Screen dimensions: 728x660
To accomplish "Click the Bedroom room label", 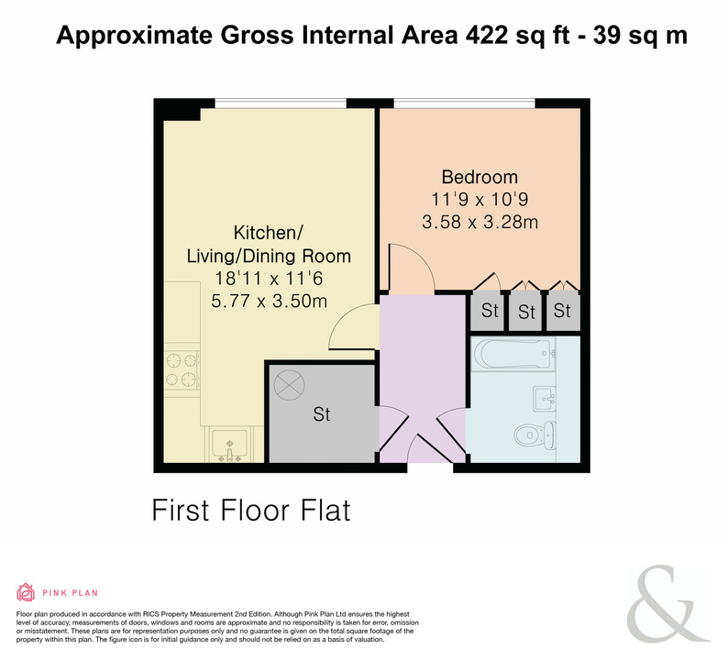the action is pos(480,177).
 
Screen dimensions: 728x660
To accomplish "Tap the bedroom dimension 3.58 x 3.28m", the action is pos(480,222).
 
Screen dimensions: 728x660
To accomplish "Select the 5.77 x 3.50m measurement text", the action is pos(270,302).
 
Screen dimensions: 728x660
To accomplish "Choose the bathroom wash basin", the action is pos(544,398).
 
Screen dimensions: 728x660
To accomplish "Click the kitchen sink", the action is pos(229,445).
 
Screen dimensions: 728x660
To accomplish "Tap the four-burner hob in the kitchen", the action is pos(182,370).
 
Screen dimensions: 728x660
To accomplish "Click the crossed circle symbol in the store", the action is pos(289,385).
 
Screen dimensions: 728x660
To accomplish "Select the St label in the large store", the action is pos(322,414).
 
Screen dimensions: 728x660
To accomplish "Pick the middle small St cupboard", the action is pos(525,311).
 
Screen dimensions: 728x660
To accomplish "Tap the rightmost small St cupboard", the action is pos(563,311).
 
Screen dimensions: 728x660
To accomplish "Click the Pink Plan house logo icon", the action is pos(26,592).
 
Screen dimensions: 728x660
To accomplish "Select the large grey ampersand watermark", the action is pos(667,603).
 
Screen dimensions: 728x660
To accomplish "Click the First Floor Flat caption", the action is pos(251,510).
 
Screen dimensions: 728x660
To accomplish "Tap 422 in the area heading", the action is pos(487,35).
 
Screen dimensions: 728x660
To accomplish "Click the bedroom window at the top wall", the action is pos(464,103).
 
